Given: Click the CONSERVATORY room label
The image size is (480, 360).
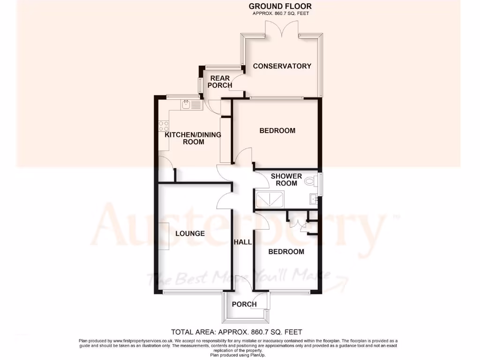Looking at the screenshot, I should [x=282, y=66].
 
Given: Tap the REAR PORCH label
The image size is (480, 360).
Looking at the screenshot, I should [x=220, y=82].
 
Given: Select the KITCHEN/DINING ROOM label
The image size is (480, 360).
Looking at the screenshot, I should [x=193, y=138].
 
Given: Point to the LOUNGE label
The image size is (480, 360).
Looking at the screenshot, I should [x=190, y=233].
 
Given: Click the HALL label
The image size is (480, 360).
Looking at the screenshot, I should [x=243, y=242].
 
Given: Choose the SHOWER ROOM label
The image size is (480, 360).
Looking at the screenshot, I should [x=286, y=180].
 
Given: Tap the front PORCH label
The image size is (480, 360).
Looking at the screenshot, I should [x=244, y=304].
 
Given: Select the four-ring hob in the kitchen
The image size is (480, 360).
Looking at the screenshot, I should [x=164, y=126].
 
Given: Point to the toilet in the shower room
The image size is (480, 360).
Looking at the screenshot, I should [x=310, y=181].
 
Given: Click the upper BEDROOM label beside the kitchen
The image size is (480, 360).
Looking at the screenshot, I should [x=277, y=130].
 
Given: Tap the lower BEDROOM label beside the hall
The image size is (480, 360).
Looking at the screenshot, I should [x=286, y=252].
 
